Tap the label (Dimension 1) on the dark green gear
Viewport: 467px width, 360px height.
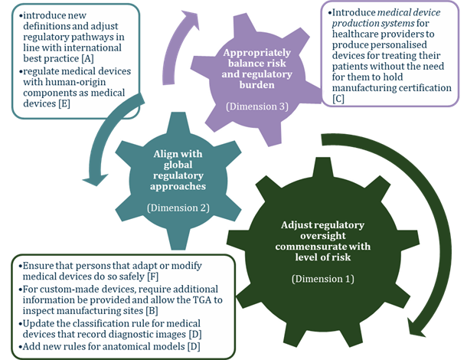point(322,278)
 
